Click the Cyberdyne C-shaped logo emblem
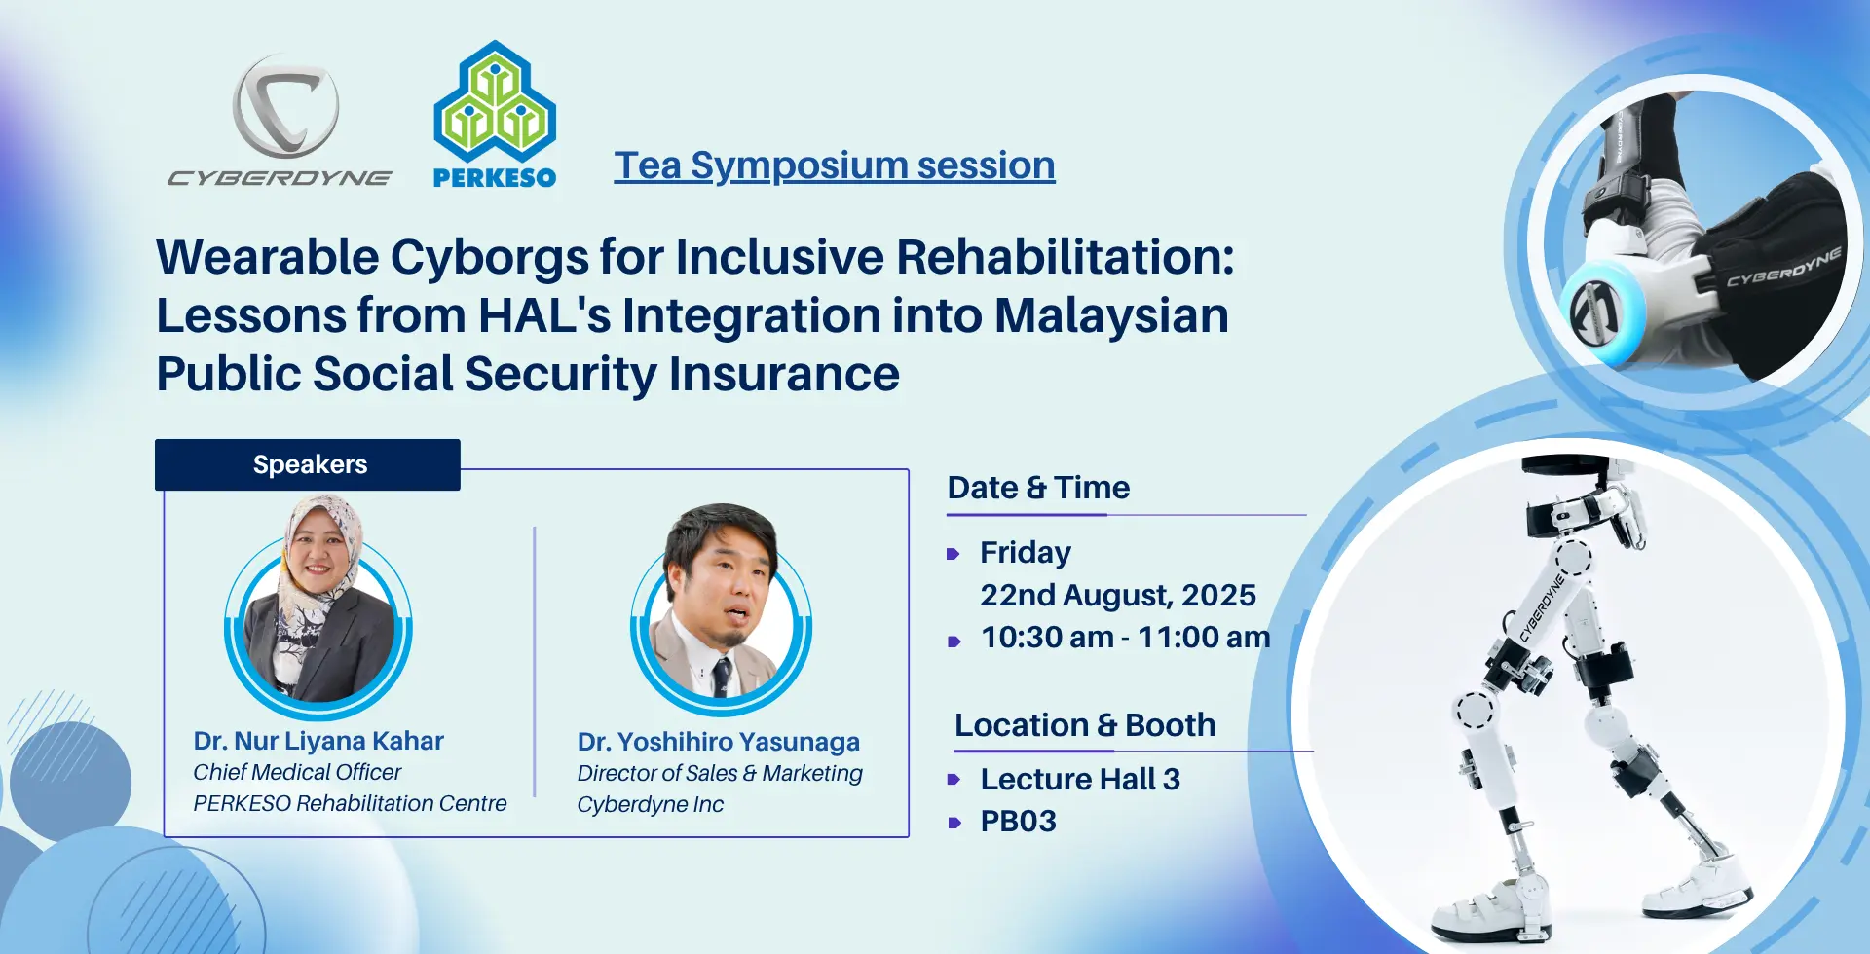(285, 106)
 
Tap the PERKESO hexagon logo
(495, 101)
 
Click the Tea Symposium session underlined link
(835, 165)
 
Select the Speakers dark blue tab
(308, 464)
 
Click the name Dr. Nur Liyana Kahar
(318, 741)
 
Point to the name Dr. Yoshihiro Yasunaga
(719, 742)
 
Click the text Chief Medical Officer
(297, 772)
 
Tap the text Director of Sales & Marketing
(720, 773)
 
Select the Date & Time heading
(1039, 487)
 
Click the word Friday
(1026, 552)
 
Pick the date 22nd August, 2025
(1118, 595)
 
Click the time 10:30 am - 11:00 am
(1126, 637)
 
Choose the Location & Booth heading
(1085, 725)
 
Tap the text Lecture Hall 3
(1080, 779)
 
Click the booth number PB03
(1019, 821)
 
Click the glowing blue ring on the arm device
(1601, 311)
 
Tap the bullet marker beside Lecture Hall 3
(954, 780)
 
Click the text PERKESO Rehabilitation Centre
(350, 803)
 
